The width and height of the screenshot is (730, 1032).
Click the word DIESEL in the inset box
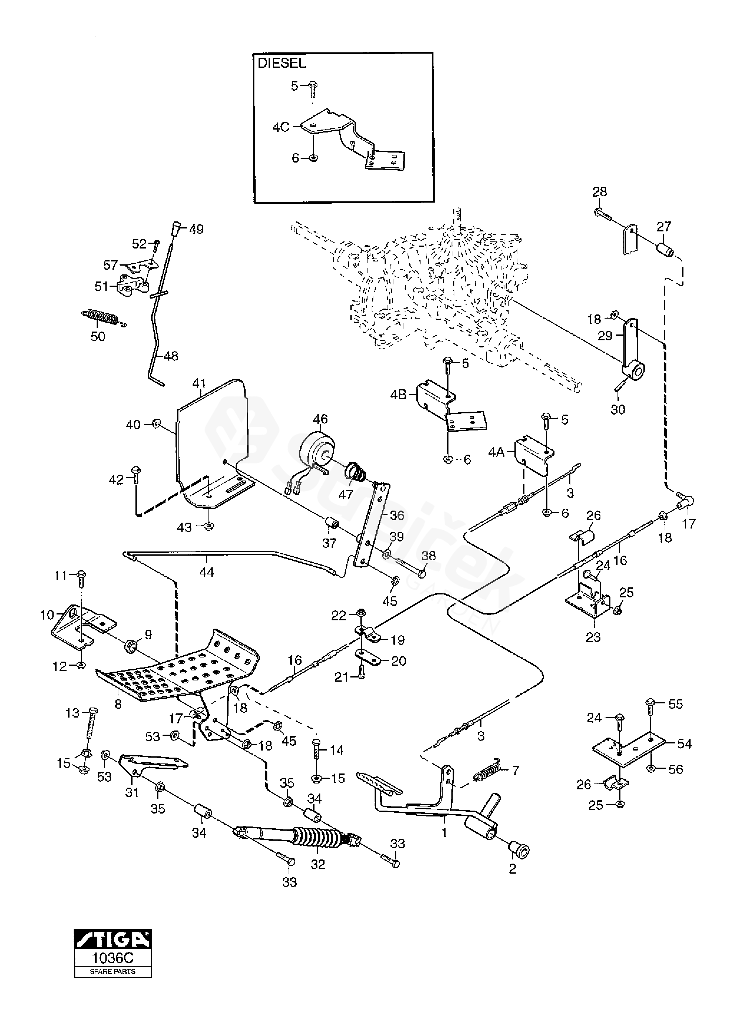[x=282, y=63]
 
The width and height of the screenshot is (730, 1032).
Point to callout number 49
[x=196, y=229]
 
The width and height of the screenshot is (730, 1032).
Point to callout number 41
[x=199, y=383]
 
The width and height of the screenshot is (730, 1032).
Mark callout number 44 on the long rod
[x=206, y=572]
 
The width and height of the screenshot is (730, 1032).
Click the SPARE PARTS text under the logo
[x=113, y=971]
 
